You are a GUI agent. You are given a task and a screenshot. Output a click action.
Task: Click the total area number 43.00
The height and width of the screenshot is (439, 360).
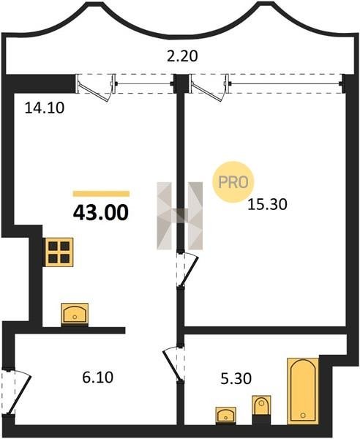pos(101,212)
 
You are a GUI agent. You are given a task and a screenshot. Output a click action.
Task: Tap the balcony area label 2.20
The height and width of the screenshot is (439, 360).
pos(182,56)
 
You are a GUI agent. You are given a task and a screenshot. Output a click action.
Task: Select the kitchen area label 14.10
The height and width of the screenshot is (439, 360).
pos(45,108)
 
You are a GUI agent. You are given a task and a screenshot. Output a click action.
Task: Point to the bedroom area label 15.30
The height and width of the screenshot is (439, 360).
pos(267,205)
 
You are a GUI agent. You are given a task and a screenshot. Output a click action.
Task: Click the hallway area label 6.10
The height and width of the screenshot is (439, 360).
pos(98,377)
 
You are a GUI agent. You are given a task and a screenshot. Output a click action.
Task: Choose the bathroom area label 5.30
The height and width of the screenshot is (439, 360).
pos(236,379)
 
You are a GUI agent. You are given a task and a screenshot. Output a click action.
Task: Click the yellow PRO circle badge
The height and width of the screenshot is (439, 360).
pos(233,182)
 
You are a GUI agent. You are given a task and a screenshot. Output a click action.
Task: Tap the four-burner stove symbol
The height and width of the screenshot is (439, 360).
pos(59,252)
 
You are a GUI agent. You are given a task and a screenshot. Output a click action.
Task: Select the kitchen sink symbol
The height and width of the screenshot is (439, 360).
pos(75,315)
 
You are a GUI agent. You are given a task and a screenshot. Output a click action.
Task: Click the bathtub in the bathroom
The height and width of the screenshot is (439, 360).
pos(303,391)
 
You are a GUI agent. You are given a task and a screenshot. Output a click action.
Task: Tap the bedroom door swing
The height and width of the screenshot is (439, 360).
pos(187,269)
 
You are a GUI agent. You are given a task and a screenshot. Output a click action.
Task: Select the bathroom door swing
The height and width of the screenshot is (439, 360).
pos(174,364)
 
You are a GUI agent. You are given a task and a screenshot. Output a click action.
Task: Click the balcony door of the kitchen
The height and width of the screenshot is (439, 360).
pos(95,88)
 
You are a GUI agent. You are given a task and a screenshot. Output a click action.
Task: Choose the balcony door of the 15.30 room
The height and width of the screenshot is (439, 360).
pos(209,88)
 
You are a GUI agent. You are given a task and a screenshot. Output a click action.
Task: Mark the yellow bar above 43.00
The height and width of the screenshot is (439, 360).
pos(101,194)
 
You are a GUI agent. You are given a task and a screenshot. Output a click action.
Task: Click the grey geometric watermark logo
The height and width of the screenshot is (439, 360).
pos(180,216)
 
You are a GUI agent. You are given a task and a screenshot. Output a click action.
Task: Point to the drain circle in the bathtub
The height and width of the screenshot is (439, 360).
pos(303,416)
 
